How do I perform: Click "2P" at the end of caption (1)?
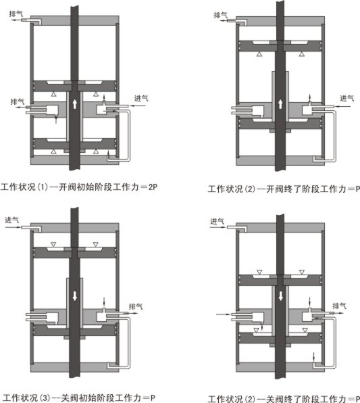(153, 187)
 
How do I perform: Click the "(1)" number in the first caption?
(43, 187)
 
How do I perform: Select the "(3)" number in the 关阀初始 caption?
(45, 398)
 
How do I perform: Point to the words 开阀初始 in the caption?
(76, 187)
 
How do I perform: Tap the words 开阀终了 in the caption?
(284, 189)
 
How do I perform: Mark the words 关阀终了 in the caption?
(284, 399)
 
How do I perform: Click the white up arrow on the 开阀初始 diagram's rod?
(75, 104)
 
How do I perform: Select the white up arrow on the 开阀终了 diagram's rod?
(280, 104)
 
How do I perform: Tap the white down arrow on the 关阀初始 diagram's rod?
(75, 296)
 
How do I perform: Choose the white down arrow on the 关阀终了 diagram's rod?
(280, 296)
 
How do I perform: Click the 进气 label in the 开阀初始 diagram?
(141, 98)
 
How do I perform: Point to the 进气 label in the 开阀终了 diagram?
(347, 98)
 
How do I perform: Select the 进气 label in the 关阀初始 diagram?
(11, 220)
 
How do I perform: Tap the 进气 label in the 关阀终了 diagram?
(217, 221)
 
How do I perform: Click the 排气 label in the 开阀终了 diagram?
(221, 15)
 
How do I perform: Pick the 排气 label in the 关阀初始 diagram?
(136, 306)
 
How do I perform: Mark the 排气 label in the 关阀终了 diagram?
(340, 306)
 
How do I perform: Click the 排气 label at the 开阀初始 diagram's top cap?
(16, 14)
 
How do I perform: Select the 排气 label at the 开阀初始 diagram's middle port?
(18, 102)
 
